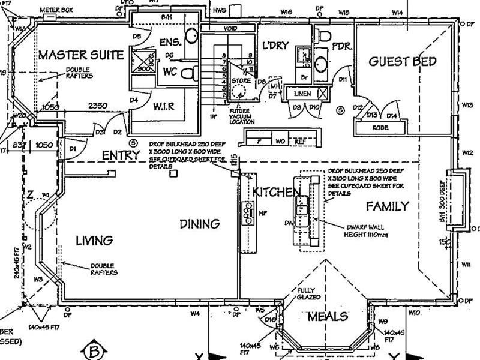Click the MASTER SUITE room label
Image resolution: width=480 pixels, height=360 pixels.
click(x=81, y=56)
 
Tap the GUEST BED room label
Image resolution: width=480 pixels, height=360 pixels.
click(x=402, y=61)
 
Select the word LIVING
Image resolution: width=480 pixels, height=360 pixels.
click(x=94, y=241)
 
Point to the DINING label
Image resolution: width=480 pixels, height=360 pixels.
click(x=200, y=224)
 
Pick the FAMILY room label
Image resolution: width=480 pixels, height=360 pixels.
click(x=388, y=206)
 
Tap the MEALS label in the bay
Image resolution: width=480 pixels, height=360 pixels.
click(x=328, y=316)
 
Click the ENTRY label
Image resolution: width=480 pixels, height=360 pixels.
click(x=121, y=155)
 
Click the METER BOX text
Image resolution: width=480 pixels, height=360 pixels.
click(x=56, y=11)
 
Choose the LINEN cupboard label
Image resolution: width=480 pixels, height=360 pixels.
click(x=302, y=94)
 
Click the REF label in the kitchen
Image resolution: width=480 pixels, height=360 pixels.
click(x=300, y=142)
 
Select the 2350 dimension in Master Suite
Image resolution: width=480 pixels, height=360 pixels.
click(x=98, y=106)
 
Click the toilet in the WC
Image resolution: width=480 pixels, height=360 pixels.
click(x=190, y=73)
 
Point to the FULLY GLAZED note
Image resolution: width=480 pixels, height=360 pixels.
click(x=308, y=294)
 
